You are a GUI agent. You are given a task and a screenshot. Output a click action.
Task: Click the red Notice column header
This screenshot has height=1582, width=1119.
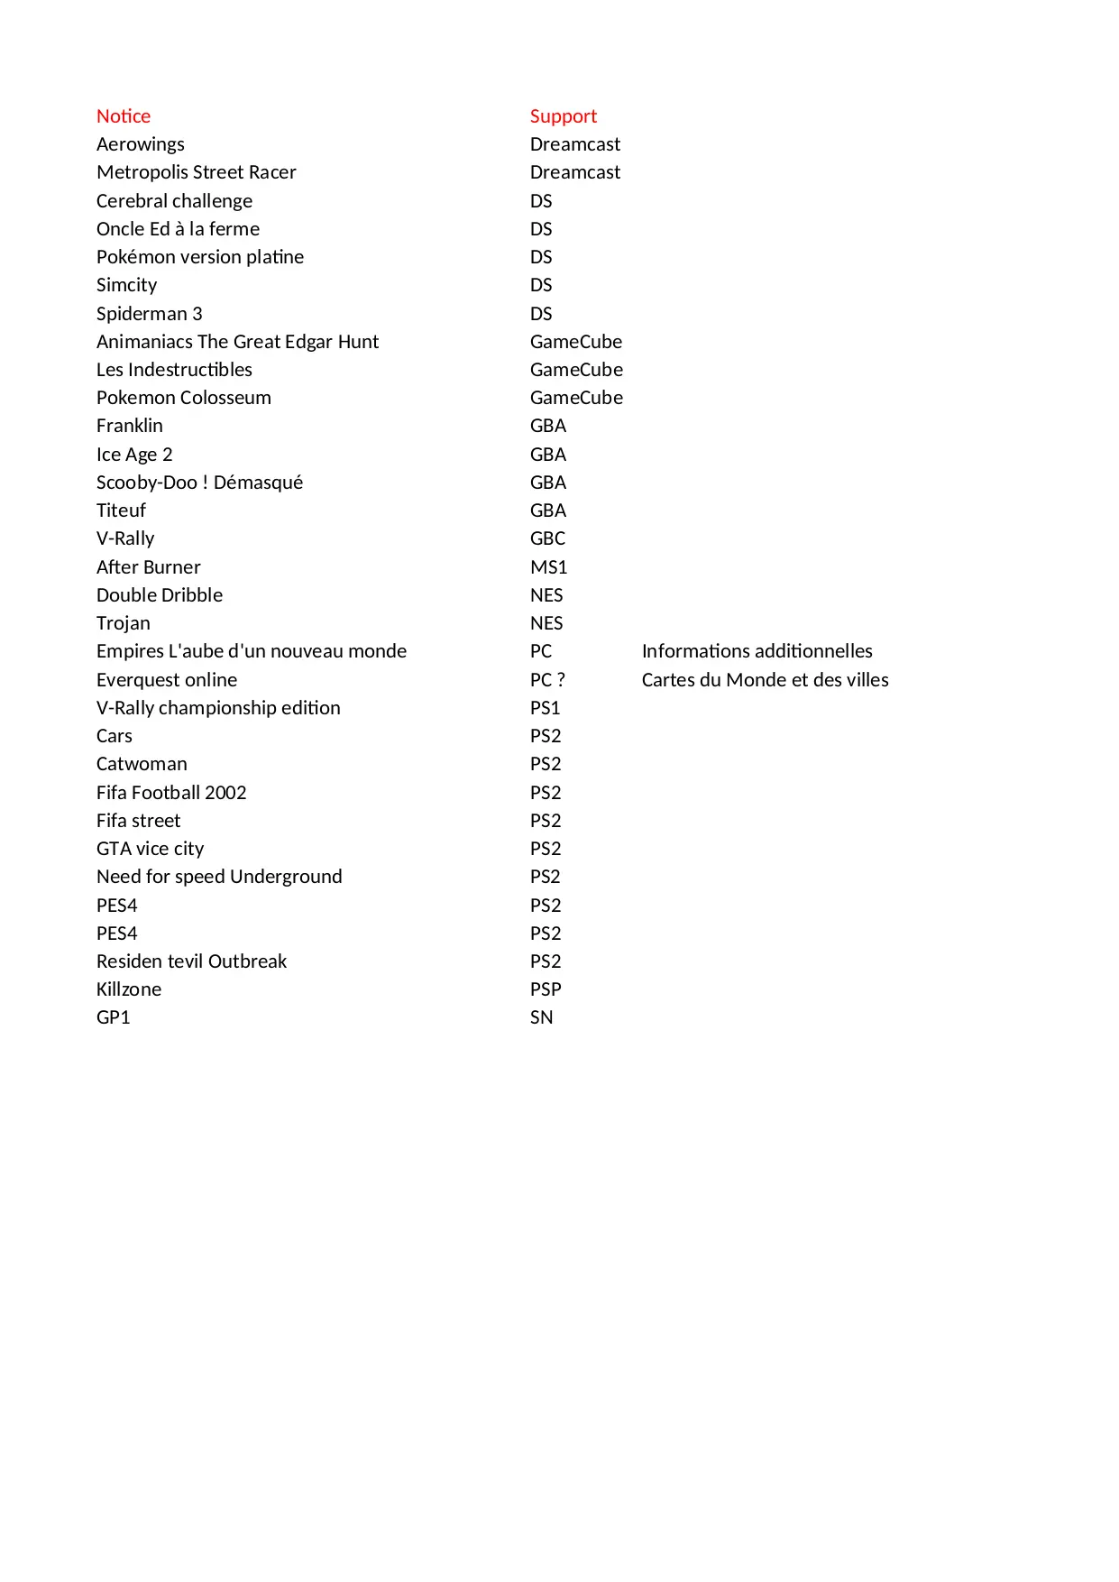click(x=124, y=116)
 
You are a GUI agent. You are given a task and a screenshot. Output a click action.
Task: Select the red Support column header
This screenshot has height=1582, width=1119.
click(x=563, y=116)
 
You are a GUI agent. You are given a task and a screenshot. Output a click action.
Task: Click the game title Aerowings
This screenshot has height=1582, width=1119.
click(x=141, y=144)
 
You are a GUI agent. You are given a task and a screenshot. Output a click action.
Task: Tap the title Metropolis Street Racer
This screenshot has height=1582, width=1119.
click(x=196, y=172)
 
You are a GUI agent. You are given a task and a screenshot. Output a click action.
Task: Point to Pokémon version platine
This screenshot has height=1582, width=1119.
click(x=200, y=257)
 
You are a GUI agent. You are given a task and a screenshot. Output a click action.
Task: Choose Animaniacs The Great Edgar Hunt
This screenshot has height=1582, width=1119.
click(x=237, y=342)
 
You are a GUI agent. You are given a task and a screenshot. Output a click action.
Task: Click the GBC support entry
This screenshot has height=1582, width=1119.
click(x=547, y=538)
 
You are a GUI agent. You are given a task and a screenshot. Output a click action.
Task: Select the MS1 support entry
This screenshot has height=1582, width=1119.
click(x=548, y=567)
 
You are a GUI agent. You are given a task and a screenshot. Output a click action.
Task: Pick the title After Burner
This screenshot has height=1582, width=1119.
click(x=149, y=567)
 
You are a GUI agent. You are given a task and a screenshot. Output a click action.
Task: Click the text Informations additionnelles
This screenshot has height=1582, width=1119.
click(x=757, y=651)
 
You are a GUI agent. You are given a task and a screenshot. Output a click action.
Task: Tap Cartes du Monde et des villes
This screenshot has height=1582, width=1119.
click(x=765, y=680)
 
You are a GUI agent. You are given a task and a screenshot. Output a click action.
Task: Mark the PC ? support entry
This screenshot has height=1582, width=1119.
click(x=547, y=680)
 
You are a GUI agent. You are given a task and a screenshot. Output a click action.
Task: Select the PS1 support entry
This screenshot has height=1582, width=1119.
click(x=545, y=708)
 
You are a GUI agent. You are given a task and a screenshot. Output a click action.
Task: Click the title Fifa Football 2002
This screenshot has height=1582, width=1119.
click(x=171, y=793)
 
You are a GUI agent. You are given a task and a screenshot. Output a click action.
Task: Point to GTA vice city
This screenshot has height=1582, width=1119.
click(x=150, y=849)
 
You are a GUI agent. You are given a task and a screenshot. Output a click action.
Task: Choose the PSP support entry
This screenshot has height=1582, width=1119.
click(x=546, y=989)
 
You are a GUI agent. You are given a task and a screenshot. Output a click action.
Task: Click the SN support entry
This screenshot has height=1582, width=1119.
click(x=541, y=1017)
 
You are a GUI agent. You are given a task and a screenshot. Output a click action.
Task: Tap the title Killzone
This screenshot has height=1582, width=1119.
click(x=129, y=989)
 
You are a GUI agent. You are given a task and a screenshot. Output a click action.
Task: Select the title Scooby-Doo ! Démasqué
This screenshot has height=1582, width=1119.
click(x=199, y=483)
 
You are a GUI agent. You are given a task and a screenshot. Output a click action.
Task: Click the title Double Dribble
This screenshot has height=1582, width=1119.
click(x=160, y=595)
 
